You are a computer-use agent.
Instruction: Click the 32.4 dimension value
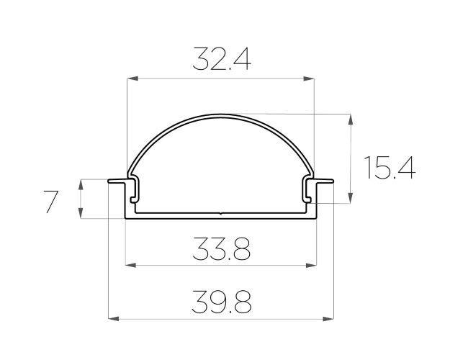[222, 59]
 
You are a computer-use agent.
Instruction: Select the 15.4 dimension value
[390, 167]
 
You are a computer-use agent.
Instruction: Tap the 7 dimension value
[50, 202]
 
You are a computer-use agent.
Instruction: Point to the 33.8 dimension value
[222, 248]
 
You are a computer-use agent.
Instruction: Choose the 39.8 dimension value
[222, 302]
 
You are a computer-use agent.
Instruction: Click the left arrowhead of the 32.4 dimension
[132, 78]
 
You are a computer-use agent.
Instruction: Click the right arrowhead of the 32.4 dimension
[308, 78]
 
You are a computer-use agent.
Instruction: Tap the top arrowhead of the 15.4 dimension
[351, 120]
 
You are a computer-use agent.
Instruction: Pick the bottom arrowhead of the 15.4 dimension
[351, 198]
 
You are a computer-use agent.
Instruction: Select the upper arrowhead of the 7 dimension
[81, 184]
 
